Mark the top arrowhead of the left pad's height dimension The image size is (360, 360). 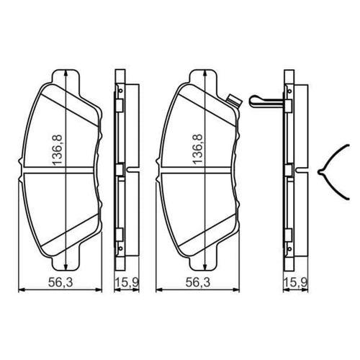(66, 73)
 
